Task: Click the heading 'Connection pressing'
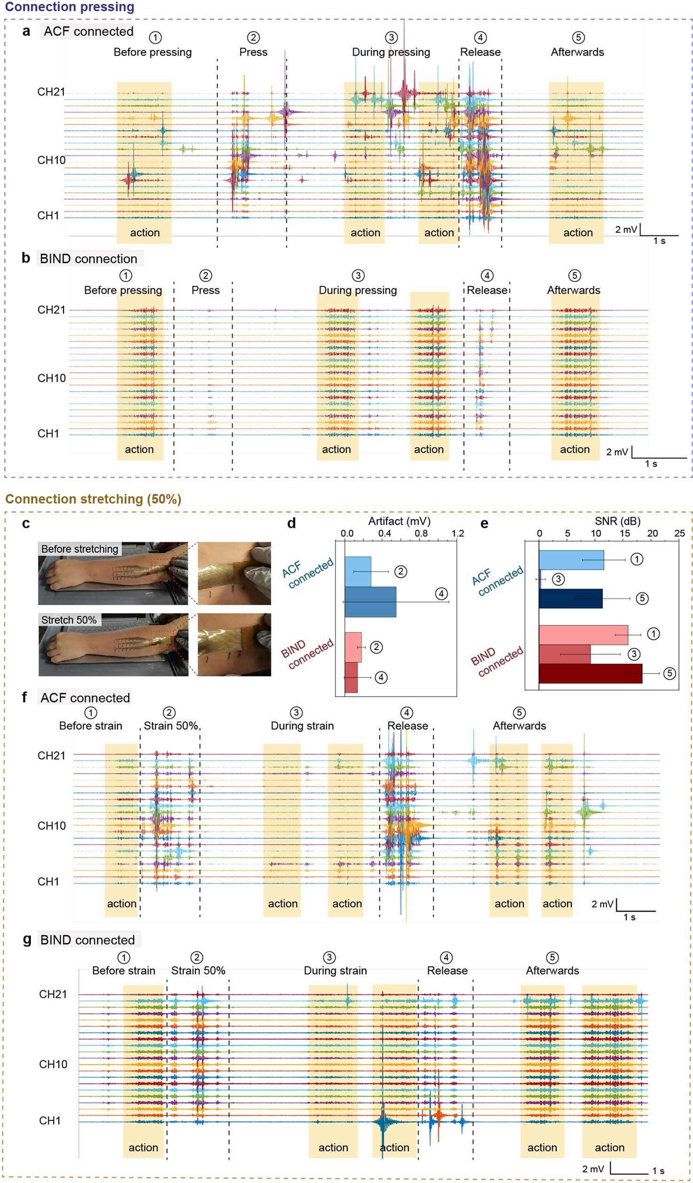tap(70, 7)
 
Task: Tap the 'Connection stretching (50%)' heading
tap(93, 499)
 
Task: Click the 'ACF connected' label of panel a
tap(88, 31)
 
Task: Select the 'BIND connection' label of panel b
tap(88, 259)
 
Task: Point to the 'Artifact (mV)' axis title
tap(399, 521)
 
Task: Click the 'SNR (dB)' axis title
tap(617, 521)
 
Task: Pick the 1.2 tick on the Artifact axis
tap(457, 533)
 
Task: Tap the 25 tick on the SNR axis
tap(679, 533)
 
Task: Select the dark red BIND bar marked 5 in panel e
tap(590, 674)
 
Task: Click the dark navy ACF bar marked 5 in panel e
tap(570, 598)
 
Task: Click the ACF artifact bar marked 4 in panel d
tap(370, 602)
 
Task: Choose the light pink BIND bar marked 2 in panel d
tap(353, 647)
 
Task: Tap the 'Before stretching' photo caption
tap(79, 549)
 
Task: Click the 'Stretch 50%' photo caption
tap(69, 620)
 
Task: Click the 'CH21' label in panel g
tap(53, 995)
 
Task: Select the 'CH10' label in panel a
tap(51, 160)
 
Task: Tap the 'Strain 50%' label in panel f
tap(171, 726)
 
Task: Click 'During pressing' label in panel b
tap(358, 290)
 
